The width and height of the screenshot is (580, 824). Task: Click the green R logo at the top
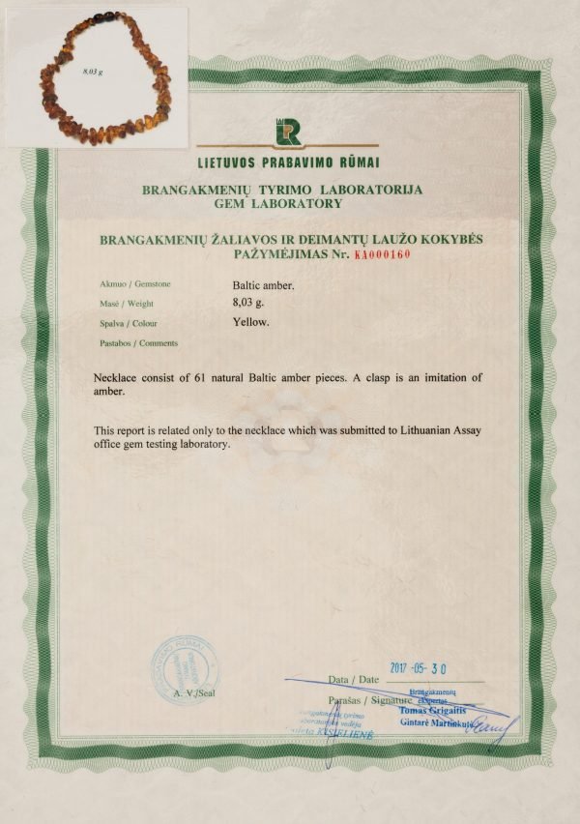[288, 132]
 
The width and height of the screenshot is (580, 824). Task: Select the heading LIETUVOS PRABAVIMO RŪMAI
[288, 161]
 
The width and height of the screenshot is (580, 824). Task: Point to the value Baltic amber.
[263, 285]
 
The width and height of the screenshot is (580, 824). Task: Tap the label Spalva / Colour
[128, 324]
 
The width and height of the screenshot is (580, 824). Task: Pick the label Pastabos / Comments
[138, 343]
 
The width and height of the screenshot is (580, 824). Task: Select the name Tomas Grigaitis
[431, 710]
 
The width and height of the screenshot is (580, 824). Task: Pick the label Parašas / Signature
[362, 699]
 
